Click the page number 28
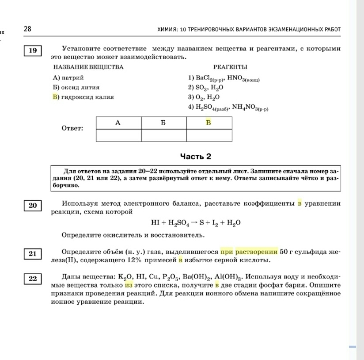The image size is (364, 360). click(27, 29)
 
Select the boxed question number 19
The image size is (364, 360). click(33, 50)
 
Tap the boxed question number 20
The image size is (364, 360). click(33, 205)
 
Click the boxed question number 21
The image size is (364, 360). click(33, 253)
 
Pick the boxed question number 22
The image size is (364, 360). click(33, 279)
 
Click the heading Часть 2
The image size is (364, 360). click(196, 156)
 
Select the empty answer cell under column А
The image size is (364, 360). click(118, 135)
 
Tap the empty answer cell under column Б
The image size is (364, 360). click(164, 135)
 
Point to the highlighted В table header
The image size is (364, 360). click(209, 123)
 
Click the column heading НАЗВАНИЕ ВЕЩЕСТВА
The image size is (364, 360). click(88, 67)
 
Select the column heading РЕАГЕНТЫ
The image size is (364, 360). click(230, 67)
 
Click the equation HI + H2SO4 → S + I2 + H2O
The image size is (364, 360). click(196, 222)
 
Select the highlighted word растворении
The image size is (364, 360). click(256, 251)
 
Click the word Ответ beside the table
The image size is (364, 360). click(73, 128)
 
